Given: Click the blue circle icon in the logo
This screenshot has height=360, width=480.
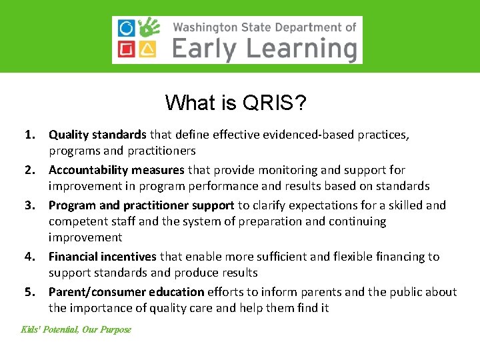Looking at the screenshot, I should pyautogui.click(x=126, y=29).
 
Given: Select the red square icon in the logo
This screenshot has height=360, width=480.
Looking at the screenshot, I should pyautogui.click(x=126, y=49).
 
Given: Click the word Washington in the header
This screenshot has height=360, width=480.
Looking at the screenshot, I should pyautogui.click(x=205, y=27).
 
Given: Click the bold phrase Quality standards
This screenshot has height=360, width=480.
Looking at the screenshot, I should pyautogui.click(x=97, y=135).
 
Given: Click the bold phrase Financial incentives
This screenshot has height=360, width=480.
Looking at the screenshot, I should pyautogui.click(x=102, y=257).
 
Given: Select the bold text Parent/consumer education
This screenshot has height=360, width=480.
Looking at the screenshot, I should pyautogui.click(x=126, y=292).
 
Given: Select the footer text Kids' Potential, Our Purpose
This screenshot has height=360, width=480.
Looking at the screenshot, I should pyautogui.click(x=76, y=329).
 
